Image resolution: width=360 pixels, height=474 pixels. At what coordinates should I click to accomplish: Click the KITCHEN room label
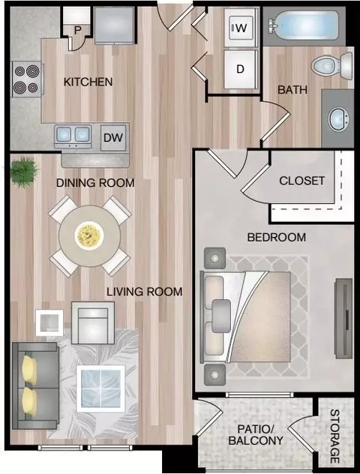tap(88, 82)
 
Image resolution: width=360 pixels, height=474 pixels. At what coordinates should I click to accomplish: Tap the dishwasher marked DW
tap(113, 138)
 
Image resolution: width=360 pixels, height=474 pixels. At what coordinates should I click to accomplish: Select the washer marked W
tap(241, 28)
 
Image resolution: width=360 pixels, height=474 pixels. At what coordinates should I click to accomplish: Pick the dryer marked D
tap(241, 69)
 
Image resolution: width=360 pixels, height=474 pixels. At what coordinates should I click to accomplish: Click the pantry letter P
tap(78, 30)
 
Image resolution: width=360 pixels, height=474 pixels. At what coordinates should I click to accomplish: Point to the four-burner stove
tap(27, 79)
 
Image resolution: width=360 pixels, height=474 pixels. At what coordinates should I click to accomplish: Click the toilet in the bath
tap(332, 66)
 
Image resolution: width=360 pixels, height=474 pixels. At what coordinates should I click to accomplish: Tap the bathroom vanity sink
tap(339, 120)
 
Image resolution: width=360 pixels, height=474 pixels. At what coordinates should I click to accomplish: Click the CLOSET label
tap(302, 181)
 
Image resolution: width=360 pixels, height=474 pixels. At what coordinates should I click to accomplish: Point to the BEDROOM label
tap(277, 237)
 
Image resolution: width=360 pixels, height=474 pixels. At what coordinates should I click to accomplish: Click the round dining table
tap(90, 235)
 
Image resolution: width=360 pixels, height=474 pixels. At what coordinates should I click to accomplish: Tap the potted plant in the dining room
tap(23, 172)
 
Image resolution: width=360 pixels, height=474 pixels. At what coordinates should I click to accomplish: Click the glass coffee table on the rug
tap(100, 388)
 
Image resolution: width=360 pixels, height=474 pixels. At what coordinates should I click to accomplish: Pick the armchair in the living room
tap(93, 322)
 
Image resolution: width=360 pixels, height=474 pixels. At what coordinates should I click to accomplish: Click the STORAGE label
tap(334, 436)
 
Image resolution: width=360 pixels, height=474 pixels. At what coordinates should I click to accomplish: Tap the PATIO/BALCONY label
tap(256, 435)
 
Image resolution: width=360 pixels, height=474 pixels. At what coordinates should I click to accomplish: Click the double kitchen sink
tap(73, 136)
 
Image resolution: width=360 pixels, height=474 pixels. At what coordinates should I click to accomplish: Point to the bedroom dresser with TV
tap(343, 318)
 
